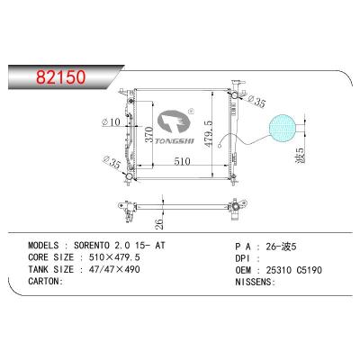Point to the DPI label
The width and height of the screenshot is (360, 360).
[x=245, y=256]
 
